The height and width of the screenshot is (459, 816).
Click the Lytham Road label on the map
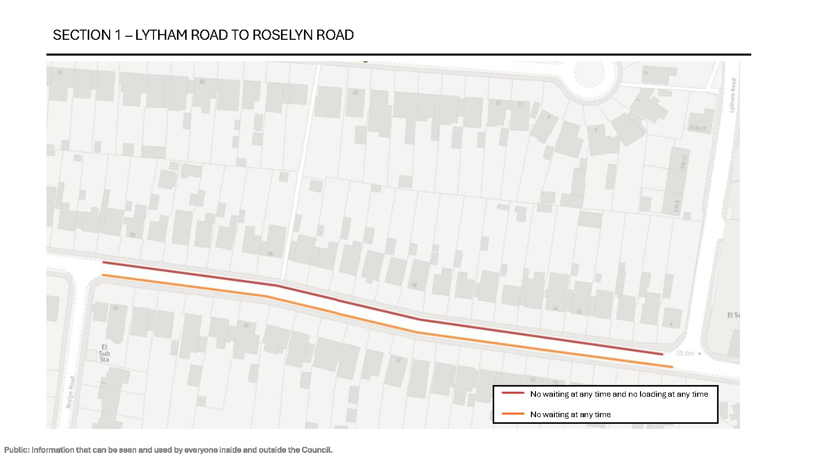point(733,95)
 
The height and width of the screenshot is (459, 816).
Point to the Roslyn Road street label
point(71,392)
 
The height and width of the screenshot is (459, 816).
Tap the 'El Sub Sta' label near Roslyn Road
point(104,353)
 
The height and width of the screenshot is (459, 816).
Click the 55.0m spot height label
point(685,353)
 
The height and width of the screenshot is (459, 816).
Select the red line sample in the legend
point(513,393)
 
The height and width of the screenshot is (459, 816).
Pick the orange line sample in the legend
point(513,414)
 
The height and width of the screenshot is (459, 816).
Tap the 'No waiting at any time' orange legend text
point(570,415)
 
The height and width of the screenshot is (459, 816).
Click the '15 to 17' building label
point(697,128)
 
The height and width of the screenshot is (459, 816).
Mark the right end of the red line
point(662,354)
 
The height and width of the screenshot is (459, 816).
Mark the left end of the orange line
point(103,275)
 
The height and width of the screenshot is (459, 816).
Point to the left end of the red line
point(104,262)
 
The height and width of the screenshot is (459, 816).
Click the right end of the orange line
point(672,367)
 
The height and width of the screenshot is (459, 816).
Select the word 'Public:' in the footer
point(17,450)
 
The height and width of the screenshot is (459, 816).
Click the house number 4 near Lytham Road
point(671,324)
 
